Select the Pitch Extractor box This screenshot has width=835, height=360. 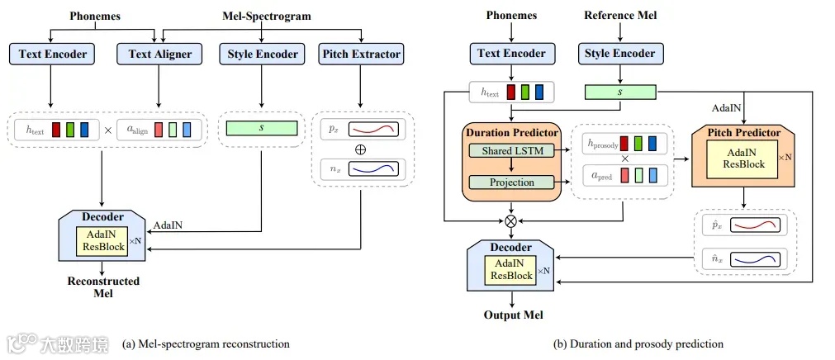click(360, 54)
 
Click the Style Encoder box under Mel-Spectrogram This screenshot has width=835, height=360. click(261, 54)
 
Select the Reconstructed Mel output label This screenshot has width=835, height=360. click(103, 287)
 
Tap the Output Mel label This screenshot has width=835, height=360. click(511, 315)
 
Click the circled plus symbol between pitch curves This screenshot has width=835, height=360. click(359, 149)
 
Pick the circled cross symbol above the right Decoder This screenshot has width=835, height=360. click(510, 221)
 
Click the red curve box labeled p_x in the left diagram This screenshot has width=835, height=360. click(373, 130)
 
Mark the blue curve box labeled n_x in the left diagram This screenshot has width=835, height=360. click(373, 169)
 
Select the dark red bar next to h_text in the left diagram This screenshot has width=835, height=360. click(55, 130)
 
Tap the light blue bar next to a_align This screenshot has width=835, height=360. click(187, 130)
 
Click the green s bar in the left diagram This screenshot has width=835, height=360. click(261, 129)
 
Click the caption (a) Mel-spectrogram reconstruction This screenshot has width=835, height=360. click(206, 343)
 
